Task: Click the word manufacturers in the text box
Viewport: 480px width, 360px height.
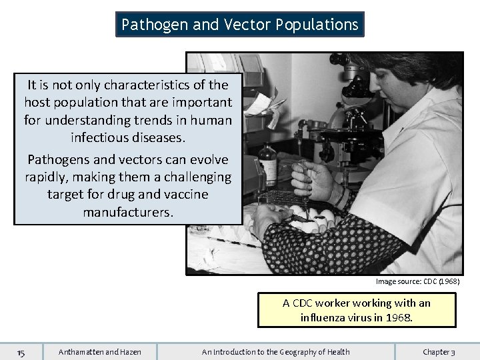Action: [128, 212]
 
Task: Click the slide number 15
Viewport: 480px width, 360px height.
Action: [21, 352]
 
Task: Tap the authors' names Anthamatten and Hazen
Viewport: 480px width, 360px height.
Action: [100, 352]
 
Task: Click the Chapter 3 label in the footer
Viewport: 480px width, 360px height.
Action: [439, 352]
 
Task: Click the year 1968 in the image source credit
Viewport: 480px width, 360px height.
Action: [447, 282]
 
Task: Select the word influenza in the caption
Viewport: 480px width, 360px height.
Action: [323, 317]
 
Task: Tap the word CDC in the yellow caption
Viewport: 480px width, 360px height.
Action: [304, 303]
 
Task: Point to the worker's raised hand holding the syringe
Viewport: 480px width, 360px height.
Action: [313, 180]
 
